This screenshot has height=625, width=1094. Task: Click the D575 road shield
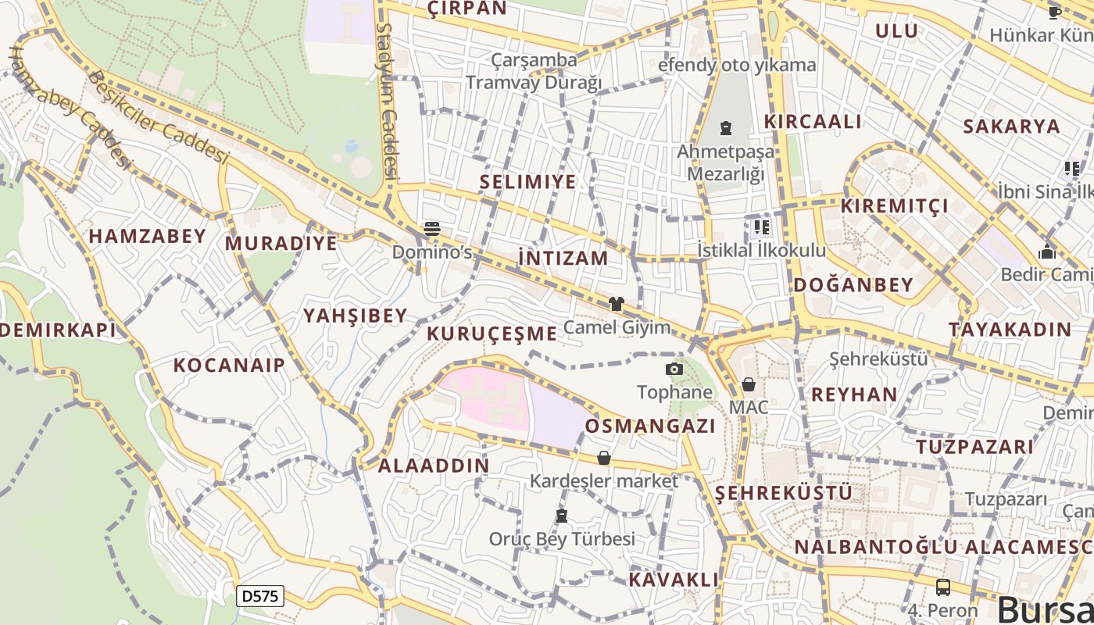point(259,596)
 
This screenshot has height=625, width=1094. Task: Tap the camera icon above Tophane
point(674,369)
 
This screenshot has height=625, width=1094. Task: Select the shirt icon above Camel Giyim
point(617,304)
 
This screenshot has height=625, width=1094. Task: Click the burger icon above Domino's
point(432,229)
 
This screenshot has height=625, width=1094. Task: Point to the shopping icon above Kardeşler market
point(603,458)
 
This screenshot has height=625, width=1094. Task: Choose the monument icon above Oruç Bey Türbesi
point(561,516)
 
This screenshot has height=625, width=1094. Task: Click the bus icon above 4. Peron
point(943,587)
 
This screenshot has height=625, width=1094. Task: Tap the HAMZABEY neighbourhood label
point(148,236)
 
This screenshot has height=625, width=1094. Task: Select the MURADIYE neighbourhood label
point(281,243)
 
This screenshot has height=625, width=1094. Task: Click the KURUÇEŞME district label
point(492,334)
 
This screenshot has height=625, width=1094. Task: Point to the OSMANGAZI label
point(650,426)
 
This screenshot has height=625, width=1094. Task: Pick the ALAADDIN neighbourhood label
point(434,466)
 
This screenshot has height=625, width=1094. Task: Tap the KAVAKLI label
point(674,580)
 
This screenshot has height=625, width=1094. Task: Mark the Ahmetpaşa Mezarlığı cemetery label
point(726,162)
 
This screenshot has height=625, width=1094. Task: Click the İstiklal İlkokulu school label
point(761,250)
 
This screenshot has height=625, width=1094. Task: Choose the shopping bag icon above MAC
point(749,384)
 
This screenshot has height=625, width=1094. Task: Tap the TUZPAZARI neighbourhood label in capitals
point(974,447)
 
